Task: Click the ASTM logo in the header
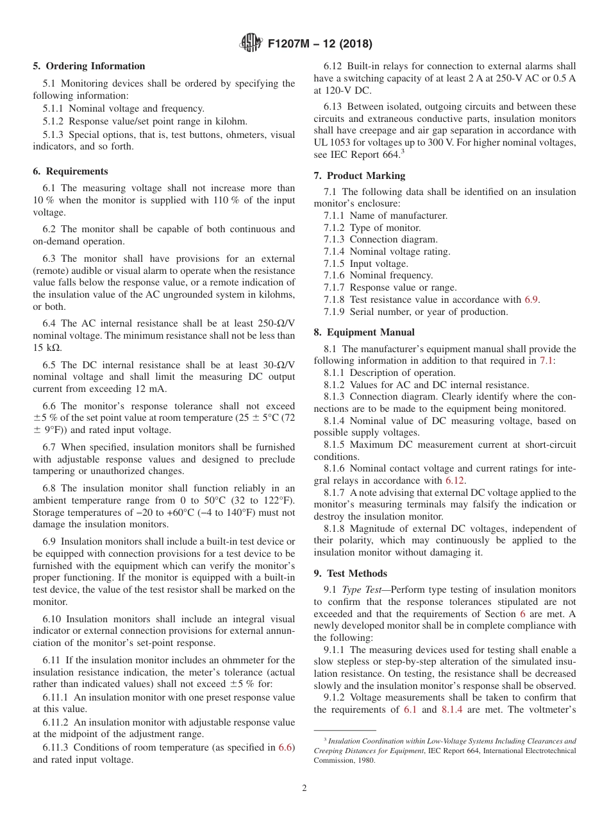pos(251,44)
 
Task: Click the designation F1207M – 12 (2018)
pos(319,44)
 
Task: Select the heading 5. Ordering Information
pos(89,66)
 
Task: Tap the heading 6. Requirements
pos(71,171)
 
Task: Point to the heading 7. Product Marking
pos(360,176)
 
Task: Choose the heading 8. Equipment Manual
pos(364,332)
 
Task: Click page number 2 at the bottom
pos(304,788)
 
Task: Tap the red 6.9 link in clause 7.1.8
pos(531,300)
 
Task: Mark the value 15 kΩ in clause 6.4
pos(47,348)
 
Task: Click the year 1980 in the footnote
pos(365,761)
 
